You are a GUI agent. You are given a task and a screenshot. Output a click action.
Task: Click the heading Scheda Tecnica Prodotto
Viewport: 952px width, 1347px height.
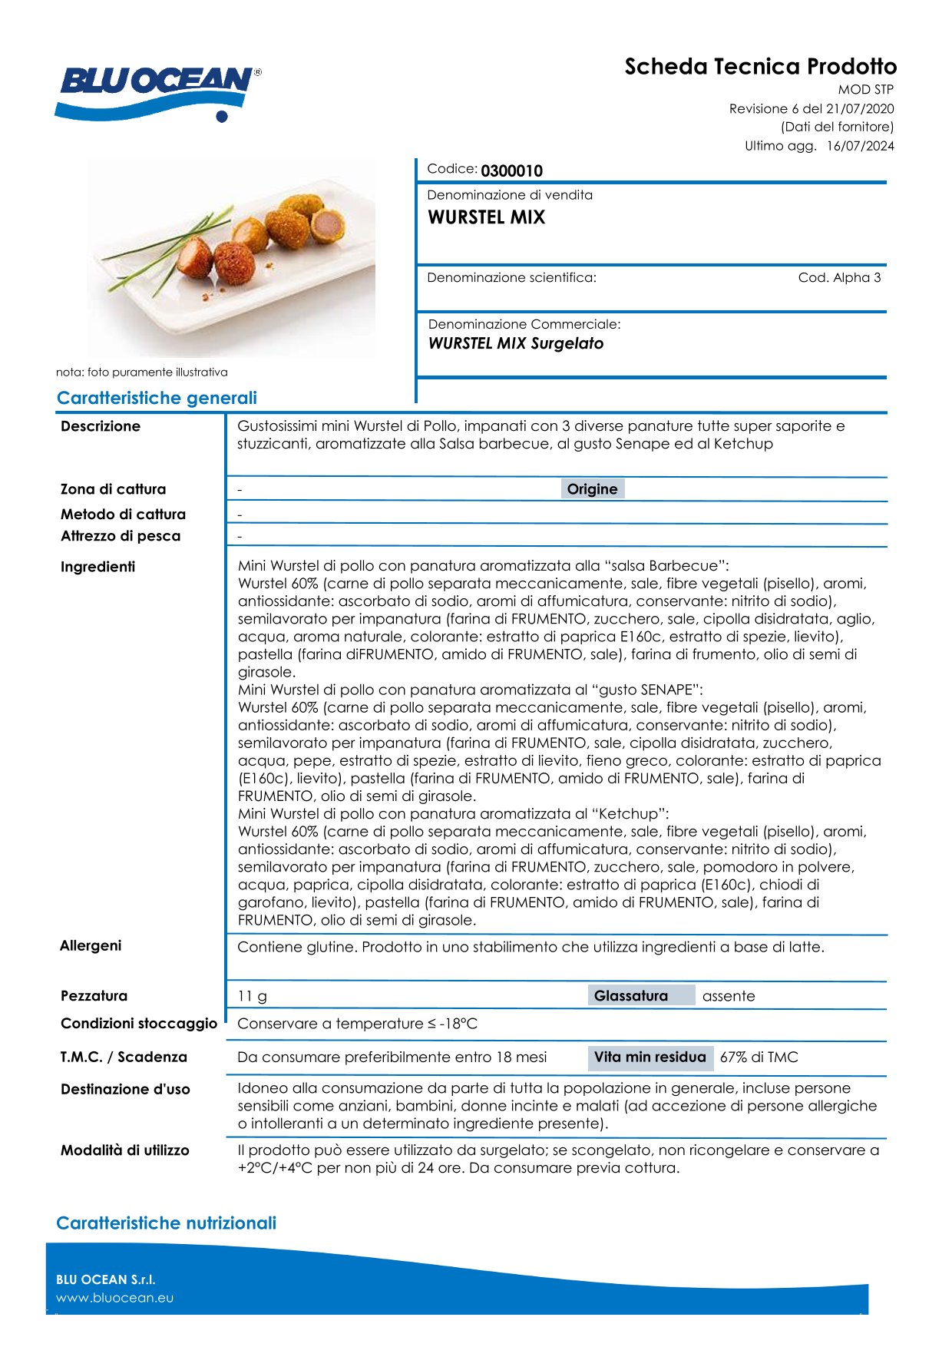[x=760, y=67]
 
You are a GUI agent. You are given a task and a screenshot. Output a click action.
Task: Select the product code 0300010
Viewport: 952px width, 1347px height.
[x=511, y=170]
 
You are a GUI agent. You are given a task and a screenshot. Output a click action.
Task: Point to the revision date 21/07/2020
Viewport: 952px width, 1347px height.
[x=860, y=109]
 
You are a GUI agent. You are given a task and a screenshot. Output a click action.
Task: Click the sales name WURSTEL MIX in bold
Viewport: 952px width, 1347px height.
[x=486, y=217]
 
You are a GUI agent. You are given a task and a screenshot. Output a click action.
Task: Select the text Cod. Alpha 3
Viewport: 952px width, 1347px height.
[x=839, y=278]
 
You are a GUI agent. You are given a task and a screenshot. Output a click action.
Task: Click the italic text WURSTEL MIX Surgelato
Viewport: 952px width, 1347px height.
[x=515, y=343]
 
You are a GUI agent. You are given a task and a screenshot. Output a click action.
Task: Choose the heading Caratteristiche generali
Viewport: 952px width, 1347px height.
[x=157, y=398]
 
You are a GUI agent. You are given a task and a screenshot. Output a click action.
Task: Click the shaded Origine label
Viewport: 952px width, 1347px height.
[x=592, y=489]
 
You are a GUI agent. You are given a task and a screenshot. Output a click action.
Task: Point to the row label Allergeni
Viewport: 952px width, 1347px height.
[x=91, y=945]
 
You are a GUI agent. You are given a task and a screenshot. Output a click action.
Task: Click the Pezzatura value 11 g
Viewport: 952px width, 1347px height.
[x=253, y=996]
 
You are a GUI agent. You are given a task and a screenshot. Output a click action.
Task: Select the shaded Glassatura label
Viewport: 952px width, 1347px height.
[x=631, y=996]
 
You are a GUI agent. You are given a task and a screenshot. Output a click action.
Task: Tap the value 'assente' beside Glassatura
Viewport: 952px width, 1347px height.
[x=729, y=996]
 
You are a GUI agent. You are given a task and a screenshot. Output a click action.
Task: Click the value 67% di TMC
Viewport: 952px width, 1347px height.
[x=759, y=1057]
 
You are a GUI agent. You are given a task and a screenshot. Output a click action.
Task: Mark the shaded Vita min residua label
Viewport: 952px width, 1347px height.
[x=650, y=1057]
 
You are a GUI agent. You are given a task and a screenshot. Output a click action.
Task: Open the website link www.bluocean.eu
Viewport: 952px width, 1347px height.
[x=114, y=1298]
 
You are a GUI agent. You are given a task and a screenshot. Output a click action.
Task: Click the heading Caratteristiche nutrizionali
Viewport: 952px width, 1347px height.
[x=166, y=1223]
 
